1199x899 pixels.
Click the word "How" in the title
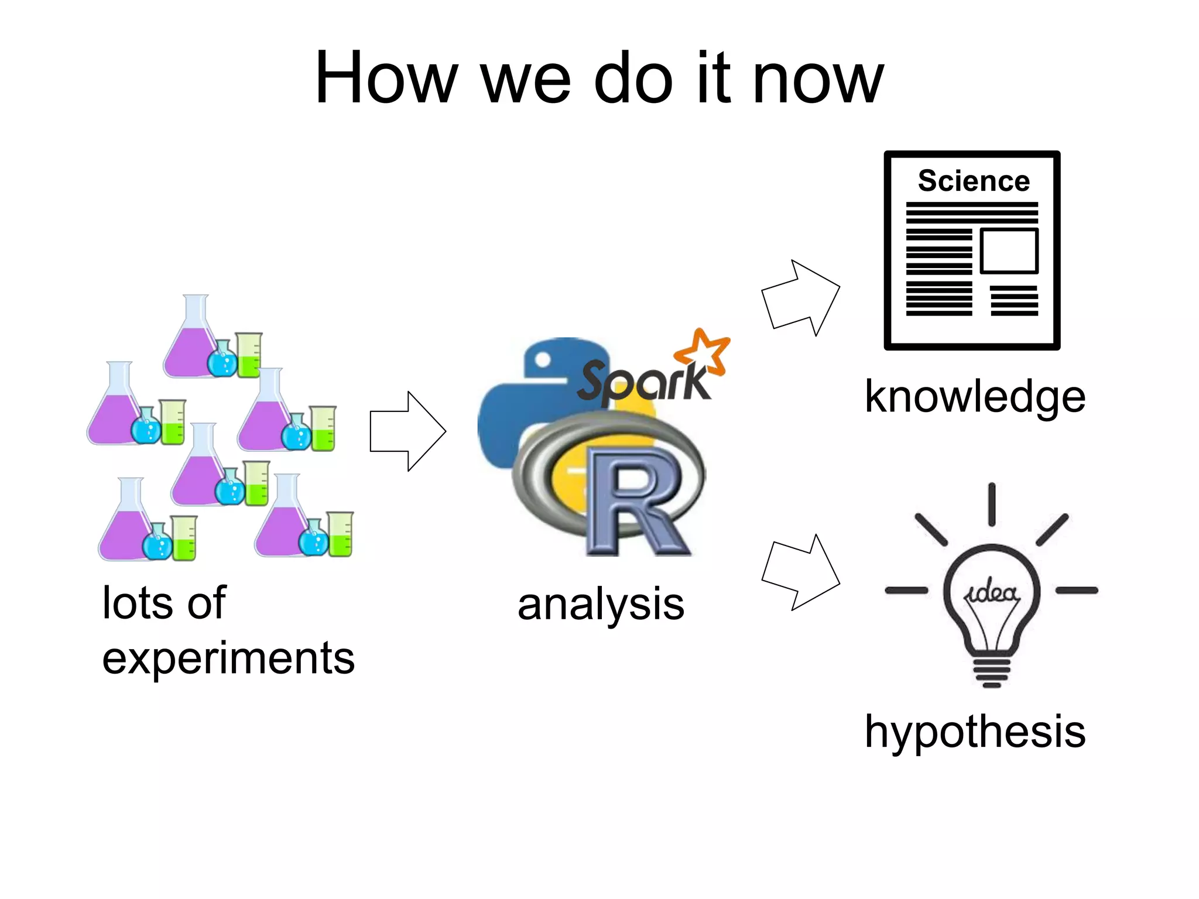pos(386,78)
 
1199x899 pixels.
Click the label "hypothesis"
pos(975,732)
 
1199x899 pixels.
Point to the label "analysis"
pos(601,605)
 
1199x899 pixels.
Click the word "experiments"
pos(228,659)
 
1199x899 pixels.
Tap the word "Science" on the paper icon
pos(974,181)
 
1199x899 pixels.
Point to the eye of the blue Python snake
pos(543,360)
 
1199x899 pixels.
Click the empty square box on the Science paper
pos(1009,251)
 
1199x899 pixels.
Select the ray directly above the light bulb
pos(992,504)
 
